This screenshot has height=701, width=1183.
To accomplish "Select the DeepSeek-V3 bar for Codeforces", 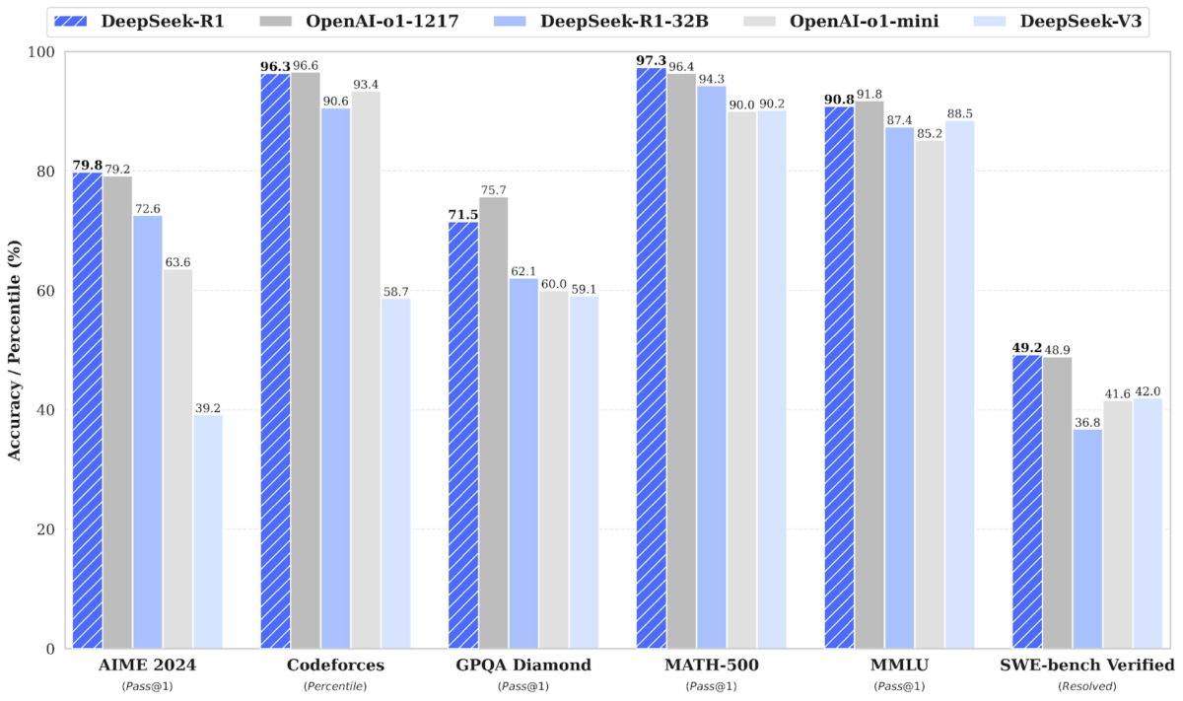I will pyautogui.click(x=395, y=473).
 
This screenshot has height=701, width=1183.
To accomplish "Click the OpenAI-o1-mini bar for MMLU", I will pyautogui.click(x=930, y=394).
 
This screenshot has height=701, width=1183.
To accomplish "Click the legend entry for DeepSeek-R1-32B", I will pyautogui.click(x=622, y=20).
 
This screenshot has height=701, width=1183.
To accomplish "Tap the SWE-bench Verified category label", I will pyautogui.click(x=1087, y=666).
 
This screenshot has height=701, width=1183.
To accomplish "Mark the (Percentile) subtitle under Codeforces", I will pyautogui.click(x=335, y=685).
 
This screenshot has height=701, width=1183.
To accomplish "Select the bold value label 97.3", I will pyautogui.click(x=650, y=60).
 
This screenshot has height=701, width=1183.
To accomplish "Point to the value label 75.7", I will pyautogui.click(x=493, y=189).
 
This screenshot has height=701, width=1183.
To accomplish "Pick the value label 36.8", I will pyautogui.click(x=1087, y=421).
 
